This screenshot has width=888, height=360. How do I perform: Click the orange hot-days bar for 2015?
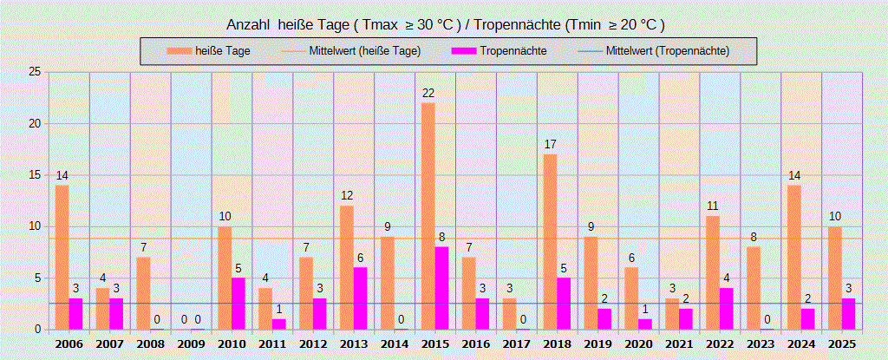(428, 216)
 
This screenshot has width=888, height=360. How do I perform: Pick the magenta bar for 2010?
(238, 304)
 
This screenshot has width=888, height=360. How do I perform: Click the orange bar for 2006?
(62, 257)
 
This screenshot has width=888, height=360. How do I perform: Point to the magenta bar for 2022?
(726, 309)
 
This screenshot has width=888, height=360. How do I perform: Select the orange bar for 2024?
(794, 257)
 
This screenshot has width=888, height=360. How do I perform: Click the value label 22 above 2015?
(428, 94)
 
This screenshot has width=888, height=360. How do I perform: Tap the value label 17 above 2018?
(550, 145)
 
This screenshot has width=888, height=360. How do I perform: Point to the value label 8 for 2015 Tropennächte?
(441, 238)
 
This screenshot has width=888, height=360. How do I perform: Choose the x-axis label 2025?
(841, 344)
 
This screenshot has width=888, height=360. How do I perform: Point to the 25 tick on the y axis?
(35, 72)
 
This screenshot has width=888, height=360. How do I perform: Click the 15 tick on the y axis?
(35, 175)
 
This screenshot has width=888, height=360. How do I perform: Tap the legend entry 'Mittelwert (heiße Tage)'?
(364, 51)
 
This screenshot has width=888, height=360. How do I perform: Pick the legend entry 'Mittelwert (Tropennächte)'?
(668, 51)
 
